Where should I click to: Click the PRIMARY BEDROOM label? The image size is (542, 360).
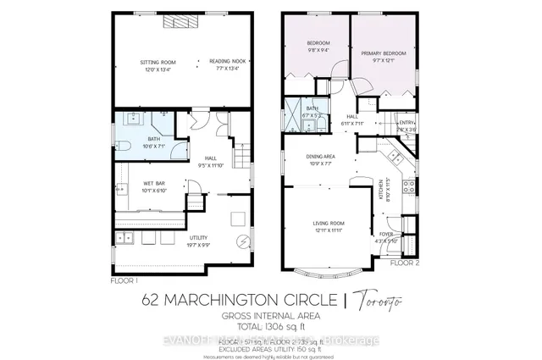tap(384, 53)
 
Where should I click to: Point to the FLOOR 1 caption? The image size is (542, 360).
tap(124, 279)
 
